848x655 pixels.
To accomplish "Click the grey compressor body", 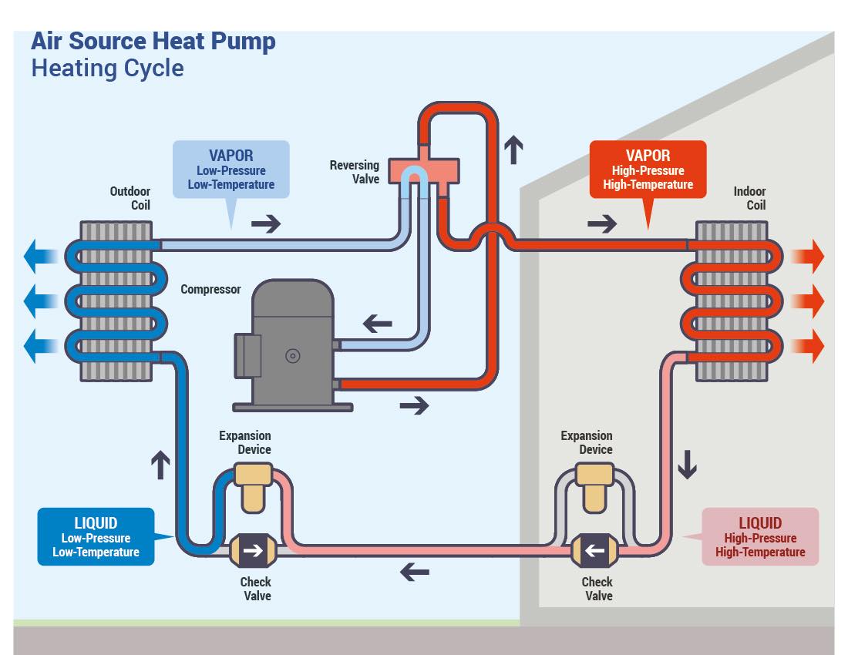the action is coord(293,343).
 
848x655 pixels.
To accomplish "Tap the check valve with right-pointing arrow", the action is coord(253,551).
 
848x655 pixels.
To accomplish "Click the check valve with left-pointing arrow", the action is coord(595,551).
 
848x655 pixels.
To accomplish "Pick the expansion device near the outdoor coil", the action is coord(253,486).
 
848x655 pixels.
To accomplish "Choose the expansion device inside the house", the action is coord(595,486).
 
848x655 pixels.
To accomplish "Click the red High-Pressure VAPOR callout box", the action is coord(648,170).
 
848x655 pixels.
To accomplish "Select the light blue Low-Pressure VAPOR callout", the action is coord(231,170).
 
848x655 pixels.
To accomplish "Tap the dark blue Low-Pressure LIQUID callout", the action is coord(96,536).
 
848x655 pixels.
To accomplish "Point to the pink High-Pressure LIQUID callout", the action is coord(760,536).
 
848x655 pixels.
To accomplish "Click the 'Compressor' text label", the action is coord(210,290).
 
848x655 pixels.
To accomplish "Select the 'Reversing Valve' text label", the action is coord(355,172).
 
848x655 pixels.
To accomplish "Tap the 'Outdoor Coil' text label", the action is coord(130,198).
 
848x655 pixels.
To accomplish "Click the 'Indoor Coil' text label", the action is coord(749,198).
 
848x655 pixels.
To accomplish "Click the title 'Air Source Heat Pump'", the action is coord(153,41).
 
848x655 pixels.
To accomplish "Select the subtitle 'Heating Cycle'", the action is coord(108,69).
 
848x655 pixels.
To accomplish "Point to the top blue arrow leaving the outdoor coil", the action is coord(41,256).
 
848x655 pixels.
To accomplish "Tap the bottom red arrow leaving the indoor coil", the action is coord(808,346).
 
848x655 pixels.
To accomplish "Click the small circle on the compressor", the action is coord(293,355).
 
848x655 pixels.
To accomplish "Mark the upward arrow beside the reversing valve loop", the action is coord(513,149).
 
